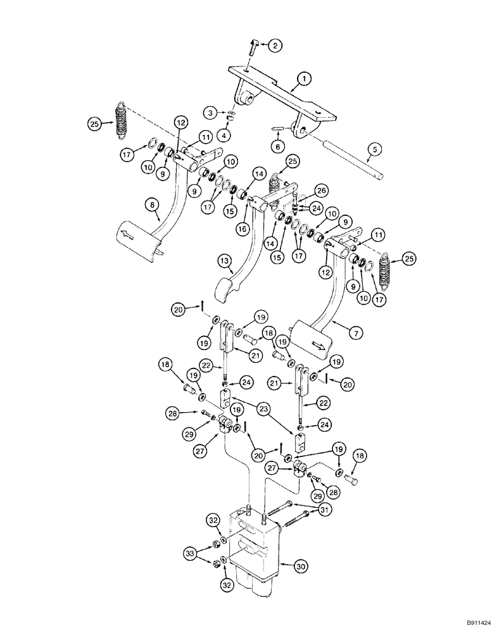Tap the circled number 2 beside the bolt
tap(275, 45)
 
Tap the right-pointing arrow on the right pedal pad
tap(317, 346)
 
